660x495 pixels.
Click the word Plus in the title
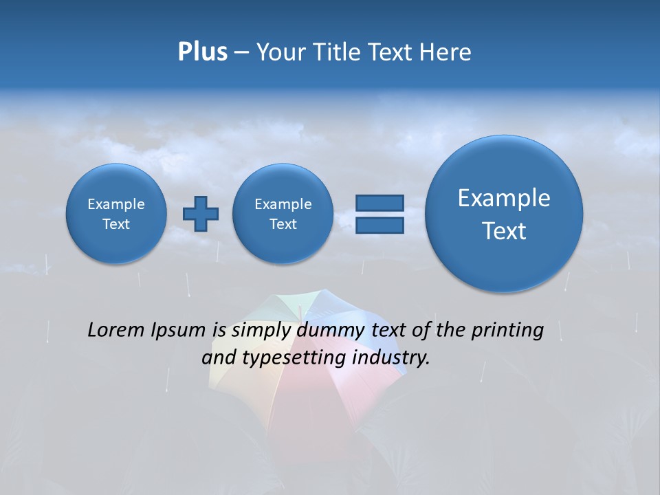(202, 52)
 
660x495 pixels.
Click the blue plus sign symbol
(201, 213)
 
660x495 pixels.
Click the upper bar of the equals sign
(379, 203)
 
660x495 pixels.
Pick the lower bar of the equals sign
(379, 225)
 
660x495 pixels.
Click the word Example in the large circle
(504, 198)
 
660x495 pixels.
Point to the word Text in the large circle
(504, 231)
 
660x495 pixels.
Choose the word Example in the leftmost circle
(116, 204)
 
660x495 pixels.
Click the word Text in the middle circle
(283, 224)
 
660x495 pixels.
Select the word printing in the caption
(509, 330)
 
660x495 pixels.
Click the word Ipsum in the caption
(179, 331)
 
